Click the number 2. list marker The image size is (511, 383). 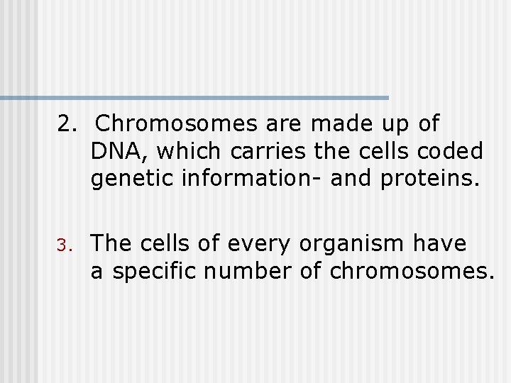tap(67, 124)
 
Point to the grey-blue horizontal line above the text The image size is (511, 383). tap(194, 97)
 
